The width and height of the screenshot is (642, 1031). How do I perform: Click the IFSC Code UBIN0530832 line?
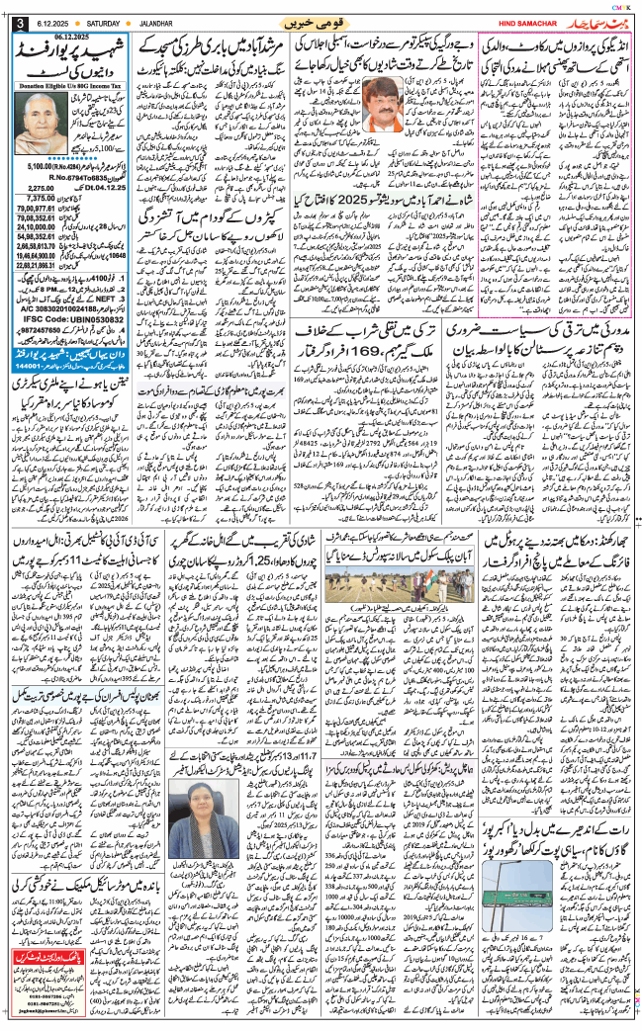click(x=58, y=349)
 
